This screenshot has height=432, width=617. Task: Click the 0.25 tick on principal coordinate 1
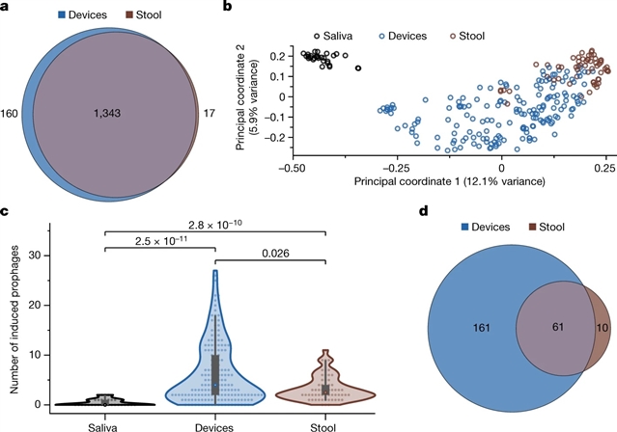604,167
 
